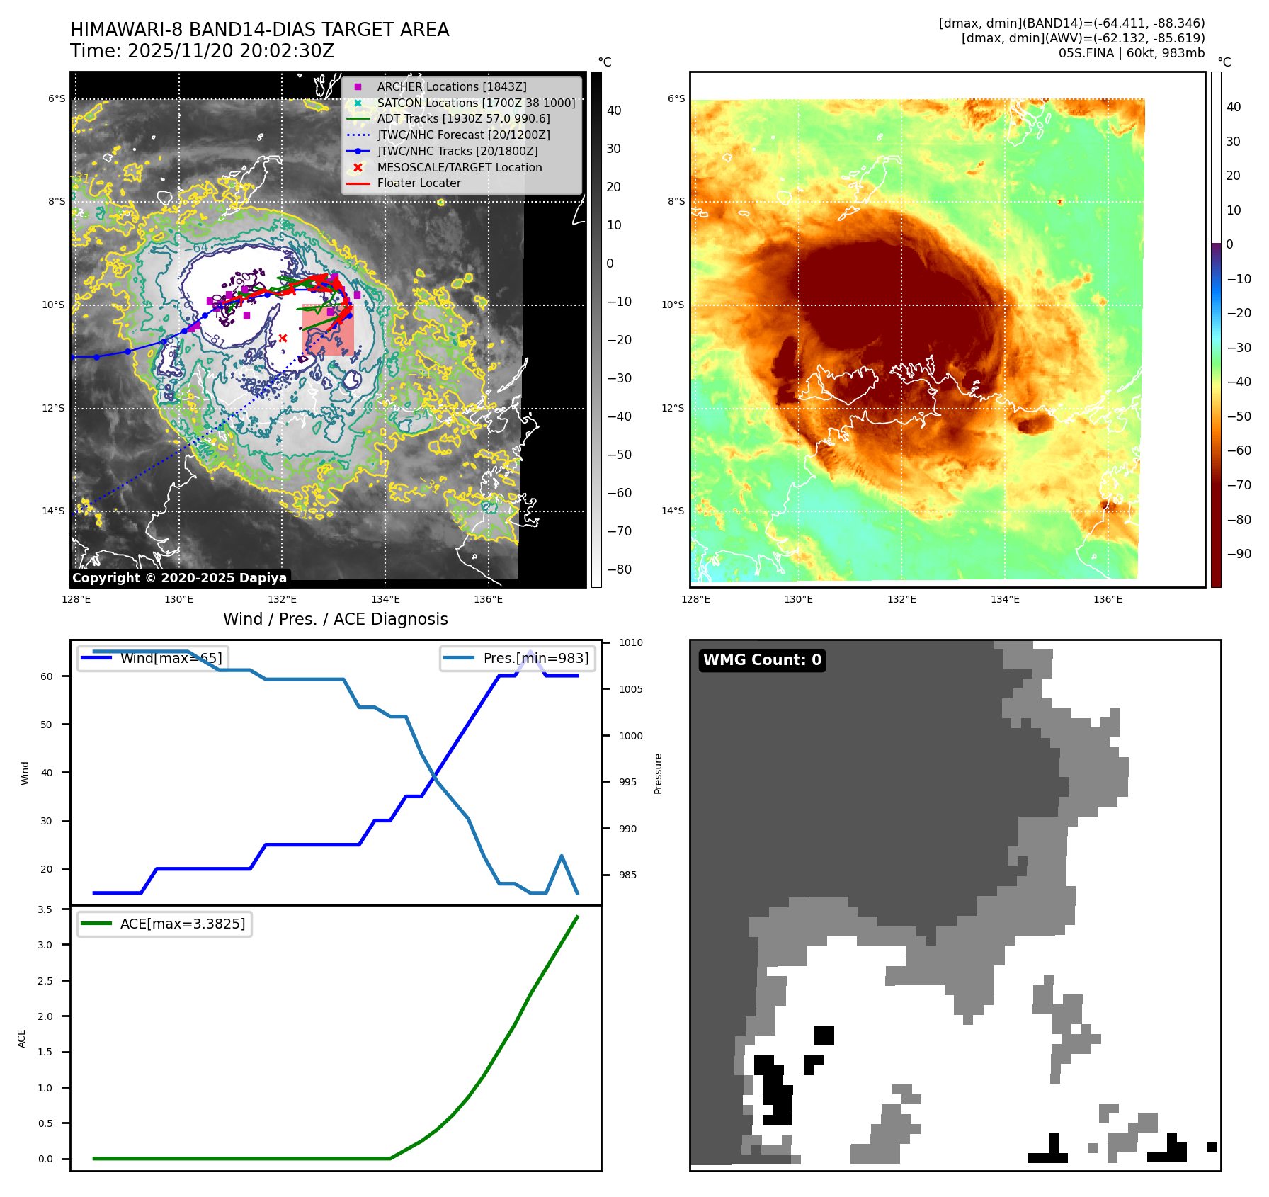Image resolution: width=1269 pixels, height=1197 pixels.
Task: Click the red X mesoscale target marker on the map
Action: (283, 339)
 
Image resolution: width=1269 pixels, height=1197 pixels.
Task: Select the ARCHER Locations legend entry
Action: (451, 86)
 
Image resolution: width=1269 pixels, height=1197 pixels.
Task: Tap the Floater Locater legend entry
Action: (419, 183)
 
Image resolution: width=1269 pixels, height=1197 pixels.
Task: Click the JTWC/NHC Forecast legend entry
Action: (463, 135)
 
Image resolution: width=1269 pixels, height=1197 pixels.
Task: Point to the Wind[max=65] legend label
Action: (171, 658)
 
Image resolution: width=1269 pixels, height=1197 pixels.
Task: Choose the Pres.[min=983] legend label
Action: (535, 658)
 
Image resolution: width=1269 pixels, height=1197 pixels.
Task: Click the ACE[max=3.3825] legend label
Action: (183, 924)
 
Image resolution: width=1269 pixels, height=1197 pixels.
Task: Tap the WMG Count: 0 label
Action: (762, 660)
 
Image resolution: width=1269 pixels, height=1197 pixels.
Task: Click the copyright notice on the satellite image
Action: (179, 578)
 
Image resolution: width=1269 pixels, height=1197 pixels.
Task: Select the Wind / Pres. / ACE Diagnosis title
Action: (335, 619)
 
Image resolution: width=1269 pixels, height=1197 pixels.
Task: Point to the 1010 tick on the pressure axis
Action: (630, 642)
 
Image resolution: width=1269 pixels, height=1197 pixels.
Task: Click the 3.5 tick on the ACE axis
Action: (45, 909)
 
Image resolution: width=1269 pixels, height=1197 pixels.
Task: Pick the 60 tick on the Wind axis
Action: (47, 676)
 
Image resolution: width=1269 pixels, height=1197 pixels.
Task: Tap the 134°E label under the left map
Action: (385, 600)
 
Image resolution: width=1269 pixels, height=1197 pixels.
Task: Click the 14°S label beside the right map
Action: (672, 511)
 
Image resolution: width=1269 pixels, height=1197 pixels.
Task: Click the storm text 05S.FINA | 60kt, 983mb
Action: (1131, 53)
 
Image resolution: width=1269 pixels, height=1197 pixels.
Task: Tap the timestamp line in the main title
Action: (202, 51)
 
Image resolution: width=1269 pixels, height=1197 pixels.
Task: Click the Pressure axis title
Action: (658, 773)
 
